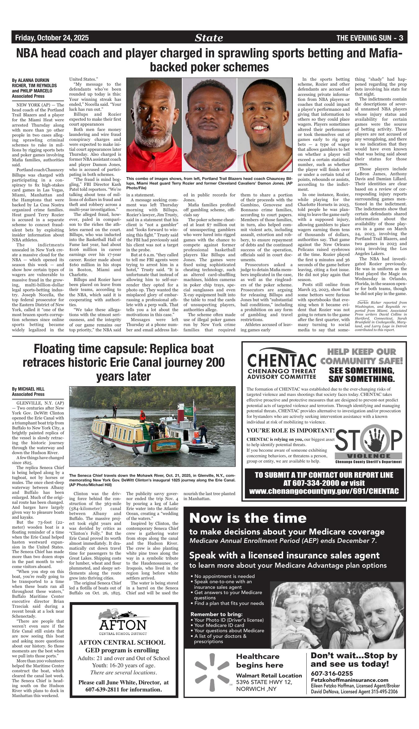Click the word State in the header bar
coord(209,38)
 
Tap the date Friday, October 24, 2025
coord(52,38)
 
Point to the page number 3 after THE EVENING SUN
coord(401,38)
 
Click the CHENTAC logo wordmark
coord(282,360)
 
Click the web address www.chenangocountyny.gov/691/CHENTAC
coord(324,491)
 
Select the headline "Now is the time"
coord(248,518)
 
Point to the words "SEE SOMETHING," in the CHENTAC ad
coord(361,371)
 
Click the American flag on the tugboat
coord(195,407)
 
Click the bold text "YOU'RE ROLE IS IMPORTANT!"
coord(291,431)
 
